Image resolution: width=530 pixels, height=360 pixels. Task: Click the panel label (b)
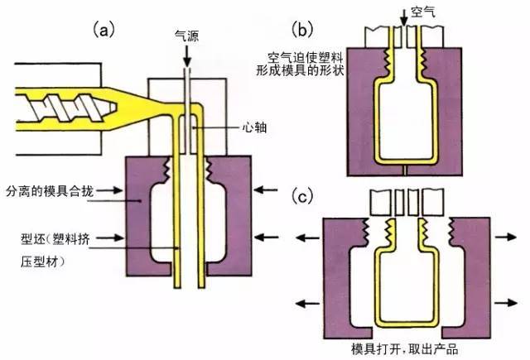(x=306, y=31)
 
